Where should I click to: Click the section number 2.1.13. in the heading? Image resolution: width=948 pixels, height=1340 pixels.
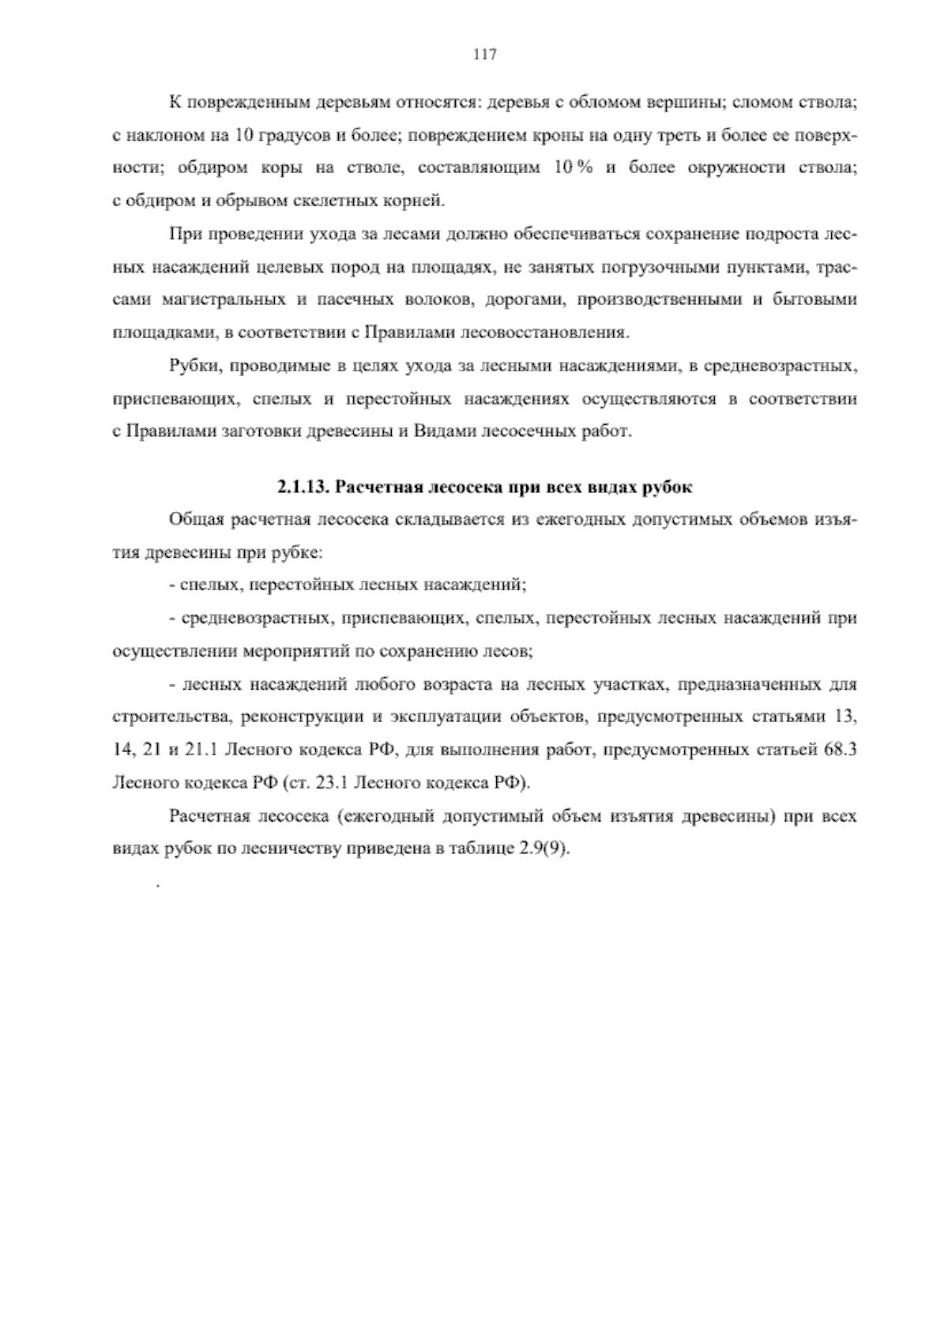[302, 487]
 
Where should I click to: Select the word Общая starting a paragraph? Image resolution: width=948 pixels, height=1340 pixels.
[192, 520]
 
